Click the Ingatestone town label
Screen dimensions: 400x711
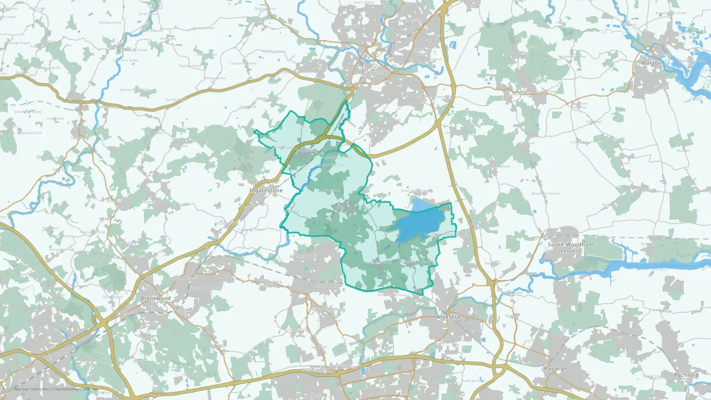(266, 191)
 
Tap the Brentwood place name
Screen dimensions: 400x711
(155, 298)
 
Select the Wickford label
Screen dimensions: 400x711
(448, 317)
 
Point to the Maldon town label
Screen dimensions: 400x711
(651, 63)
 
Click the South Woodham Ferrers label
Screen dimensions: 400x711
(571, 247)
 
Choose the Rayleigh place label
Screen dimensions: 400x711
(555, 369)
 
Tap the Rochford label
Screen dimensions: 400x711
(686, 375)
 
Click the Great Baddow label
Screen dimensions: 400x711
(416, 96)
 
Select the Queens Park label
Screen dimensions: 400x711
(303, 256)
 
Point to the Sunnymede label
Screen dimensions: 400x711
(329, 286)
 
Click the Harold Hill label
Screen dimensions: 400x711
(48, 331)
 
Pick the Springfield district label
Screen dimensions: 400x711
(412, 21)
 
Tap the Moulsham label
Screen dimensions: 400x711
(378, 73)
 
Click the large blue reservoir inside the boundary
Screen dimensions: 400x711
(418, 224)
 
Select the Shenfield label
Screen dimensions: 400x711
(187, 278)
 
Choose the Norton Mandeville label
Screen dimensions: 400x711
(135, 90)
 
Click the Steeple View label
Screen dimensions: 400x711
(316, 370)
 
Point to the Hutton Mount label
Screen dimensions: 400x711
(205, 289)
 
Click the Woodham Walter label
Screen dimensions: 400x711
(572, 57)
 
